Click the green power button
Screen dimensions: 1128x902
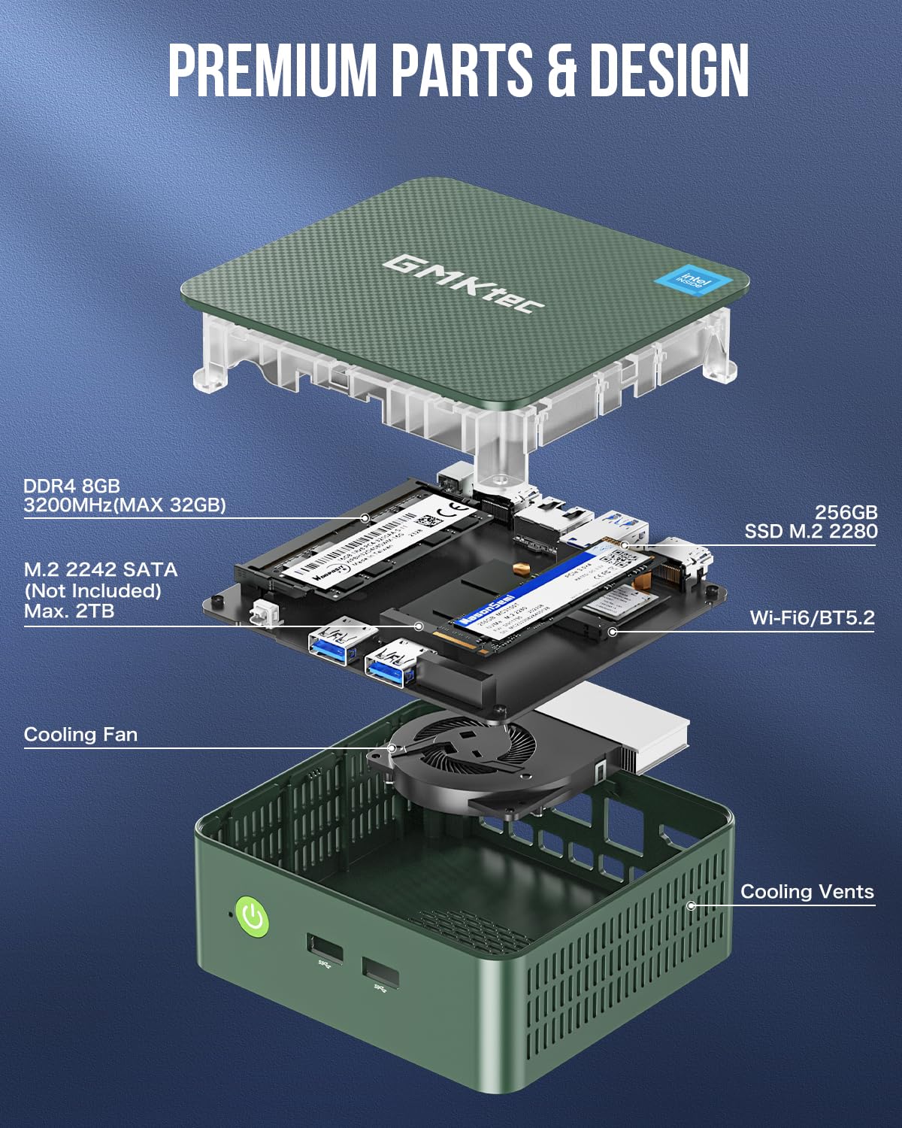[x=253, y=917]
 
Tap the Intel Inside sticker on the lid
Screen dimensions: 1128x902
[x=692, y=282]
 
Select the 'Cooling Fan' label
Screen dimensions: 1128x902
[x=80, y=734]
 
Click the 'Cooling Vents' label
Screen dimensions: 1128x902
[x=807, y=891]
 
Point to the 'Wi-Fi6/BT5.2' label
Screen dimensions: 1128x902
[x=812, y=617]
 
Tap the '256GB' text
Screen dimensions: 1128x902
[x=846, y=512]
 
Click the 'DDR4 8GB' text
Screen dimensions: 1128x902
[x=71, y=486]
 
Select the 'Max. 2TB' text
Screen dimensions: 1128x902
[x=69, y=611]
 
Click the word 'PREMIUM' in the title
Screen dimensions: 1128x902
[x=271, y=70]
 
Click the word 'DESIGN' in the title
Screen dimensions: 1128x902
[x=669, y=70]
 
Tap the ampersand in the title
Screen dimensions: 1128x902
[x=562, y=70]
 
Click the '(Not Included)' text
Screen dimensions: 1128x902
[x=92, y=590]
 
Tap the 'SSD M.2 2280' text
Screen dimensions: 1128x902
[x=810, y=532]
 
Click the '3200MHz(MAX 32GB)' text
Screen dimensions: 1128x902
[x=124, y=505]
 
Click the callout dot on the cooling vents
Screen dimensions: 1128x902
[x=691, y=905]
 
